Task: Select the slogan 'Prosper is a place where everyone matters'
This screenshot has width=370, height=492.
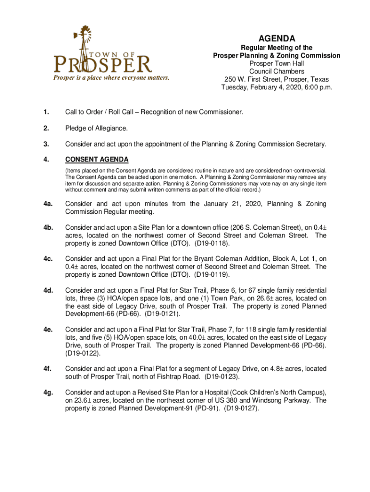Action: (111, 78)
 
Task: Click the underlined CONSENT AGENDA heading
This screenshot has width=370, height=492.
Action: (97, 160)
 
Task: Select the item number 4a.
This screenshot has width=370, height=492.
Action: (47, 204)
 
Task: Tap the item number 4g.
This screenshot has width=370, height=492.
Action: (47, 393)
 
